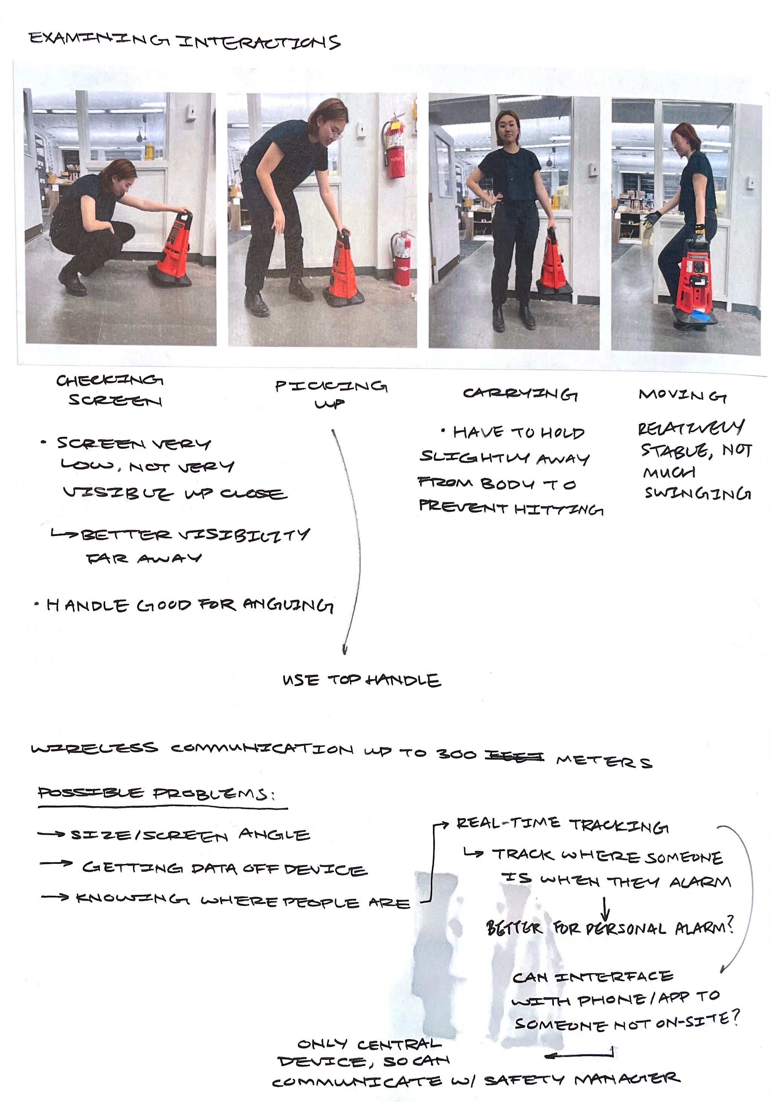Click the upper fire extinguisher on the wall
point(395,146)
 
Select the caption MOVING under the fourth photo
point(682,396)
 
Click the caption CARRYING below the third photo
point(520,394)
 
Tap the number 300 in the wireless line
point(456,754)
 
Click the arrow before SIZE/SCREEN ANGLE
point(51,834)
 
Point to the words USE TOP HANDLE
point(361,680)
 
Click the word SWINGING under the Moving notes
point(698,493)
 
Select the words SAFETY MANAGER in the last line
point(582,1080)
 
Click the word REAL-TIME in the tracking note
point(508,823)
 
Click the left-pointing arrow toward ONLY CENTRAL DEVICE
point(579,1055)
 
